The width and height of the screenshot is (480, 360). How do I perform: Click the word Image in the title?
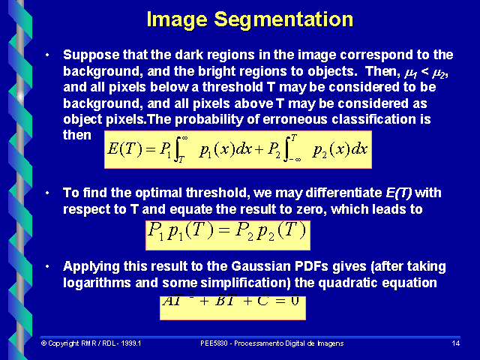click(x=173, y=19)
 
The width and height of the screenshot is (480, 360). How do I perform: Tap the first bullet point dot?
click(x=47, y=55)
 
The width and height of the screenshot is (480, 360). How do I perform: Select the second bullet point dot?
click(x=47, y=193)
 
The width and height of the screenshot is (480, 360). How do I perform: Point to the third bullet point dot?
click(x=47, y=267)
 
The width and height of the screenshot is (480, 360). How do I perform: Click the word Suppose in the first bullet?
click(x=88, y=55)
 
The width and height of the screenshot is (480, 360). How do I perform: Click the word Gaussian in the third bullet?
click(x=229, y=267)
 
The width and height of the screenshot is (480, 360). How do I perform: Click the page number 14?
click(x=455, y=343)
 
